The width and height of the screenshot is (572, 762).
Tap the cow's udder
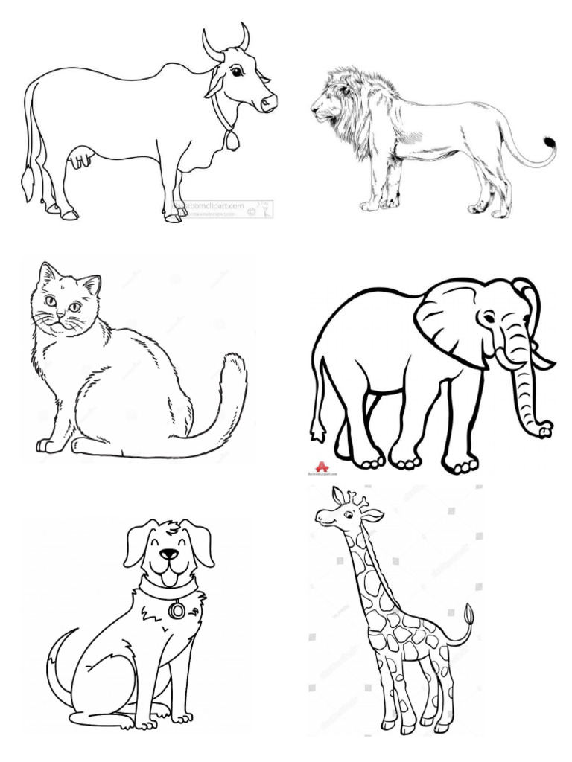click(81, 159)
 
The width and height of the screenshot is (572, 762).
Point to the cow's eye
click(236, 71)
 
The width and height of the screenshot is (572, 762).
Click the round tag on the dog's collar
click(177, 609)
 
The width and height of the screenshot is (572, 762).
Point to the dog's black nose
click(171, 554)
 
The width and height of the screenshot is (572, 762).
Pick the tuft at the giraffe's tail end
click(470, 615)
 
